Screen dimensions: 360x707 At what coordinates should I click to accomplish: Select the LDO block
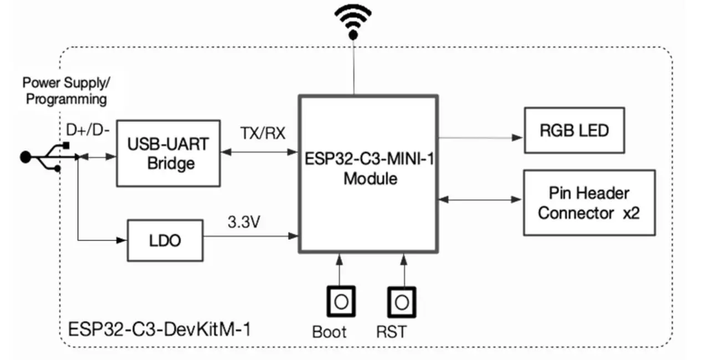(166, 241)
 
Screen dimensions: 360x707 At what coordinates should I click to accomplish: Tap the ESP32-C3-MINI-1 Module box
(368, 174)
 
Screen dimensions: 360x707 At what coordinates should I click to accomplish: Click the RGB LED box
(573, 131)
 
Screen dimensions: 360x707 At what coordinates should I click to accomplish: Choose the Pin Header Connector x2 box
(588, 203)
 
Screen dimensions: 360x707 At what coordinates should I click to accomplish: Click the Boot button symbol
(340, 302)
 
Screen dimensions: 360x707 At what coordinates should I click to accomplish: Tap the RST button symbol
(402, 302)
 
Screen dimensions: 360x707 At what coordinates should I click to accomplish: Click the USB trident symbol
(47, 157)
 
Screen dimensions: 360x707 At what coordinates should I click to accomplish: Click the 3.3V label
(244, 223)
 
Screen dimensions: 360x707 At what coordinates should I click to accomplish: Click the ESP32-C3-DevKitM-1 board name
(159, 329)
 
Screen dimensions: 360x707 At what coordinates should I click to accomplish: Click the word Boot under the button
(329, 332)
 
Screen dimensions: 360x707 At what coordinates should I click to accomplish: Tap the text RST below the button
(391, 332)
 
